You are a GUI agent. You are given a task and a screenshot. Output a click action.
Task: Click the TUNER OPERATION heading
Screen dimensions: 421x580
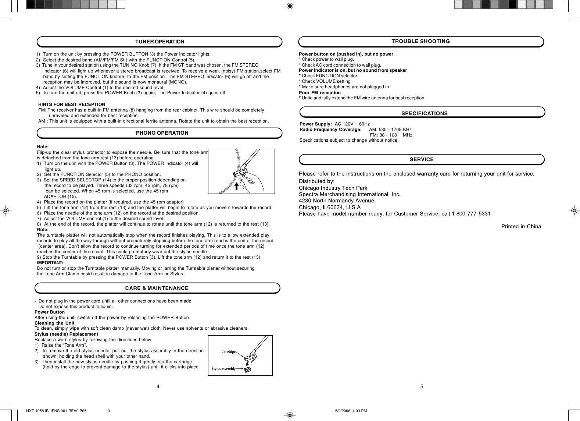tap(160, 42)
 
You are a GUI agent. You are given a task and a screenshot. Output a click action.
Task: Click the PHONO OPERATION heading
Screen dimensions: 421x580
tap(162, 133)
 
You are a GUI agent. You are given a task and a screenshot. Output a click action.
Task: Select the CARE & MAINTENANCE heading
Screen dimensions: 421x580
tap(157, 288)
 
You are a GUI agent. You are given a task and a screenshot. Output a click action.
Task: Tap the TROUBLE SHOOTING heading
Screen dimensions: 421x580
tap(420, 41)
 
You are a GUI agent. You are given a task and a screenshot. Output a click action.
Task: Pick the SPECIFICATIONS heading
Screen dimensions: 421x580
tap(424, 113)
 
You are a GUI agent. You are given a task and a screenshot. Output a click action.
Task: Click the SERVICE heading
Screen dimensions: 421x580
tap(422, 159)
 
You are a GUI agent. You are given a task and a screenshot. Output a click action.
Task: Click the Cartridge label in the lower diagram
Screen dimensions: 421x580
tap(228, 352)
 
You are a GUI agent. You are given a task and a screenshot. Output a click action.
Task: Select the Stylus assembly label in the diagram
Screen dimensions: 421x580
tap(223, 368)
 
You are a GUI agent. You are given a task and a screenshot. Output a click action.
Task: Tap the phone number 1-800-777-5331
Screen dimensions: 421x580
tap(471, 213)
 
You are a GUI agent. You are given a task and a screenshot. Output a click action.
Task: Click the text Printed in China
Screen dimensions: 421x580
tap(521, 226)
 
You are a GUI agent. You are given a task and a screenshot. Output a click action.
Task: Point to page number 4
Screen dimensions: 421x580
tap(158, 386)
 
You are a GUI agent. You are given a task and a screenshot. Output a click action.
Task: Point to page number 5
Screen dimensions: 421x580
tap(422, 386)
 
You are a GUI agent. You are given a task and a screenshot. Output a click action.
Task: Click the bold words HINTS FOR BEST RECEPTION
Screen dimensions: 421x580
tap(72, 105)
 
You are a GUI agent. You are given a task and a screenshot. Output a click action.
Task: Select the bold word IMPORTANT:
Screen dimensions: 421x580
tap(50, 263)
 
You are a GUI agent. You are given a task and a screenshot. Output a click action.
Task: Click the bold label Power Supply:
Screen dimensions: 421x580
tap(316, 124)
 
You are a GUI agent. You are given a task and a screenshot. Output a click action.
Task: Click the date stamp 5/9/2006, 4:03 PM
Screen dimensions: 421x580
tap(351, 411)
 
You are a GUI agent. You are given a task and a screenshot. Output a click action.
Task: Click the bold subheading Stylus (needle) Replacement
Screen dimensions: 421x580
tap(66, 334)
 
